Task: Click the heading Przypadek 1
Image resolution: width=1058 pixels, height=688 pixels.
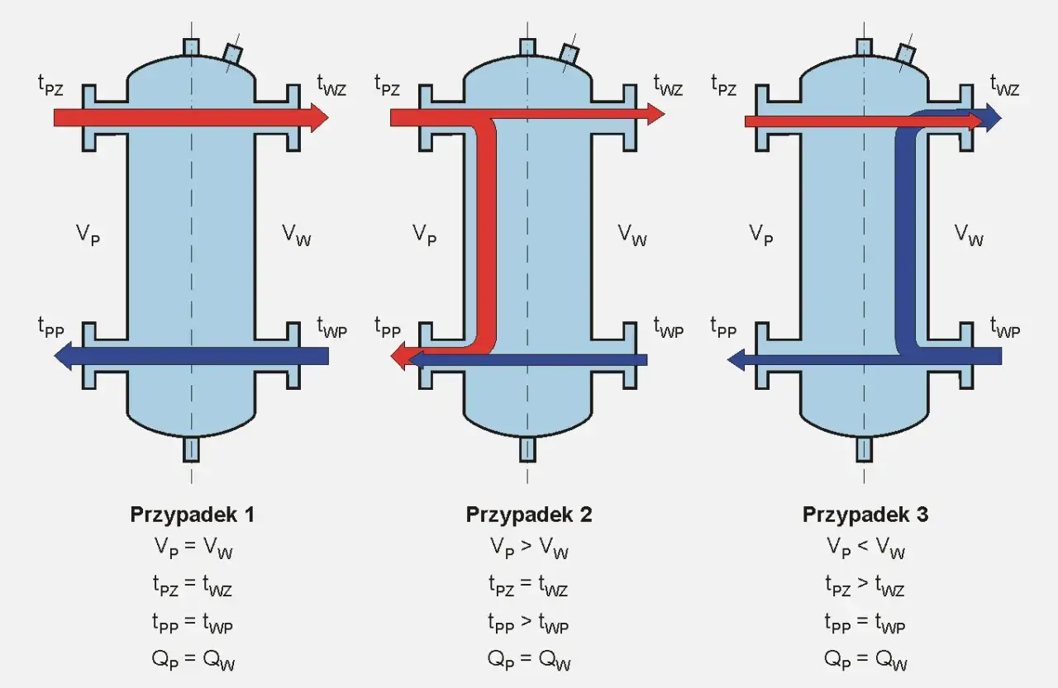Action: click(192, 515)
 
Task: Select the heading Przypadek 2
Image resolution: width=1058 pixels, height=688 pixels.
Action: click(529, 515)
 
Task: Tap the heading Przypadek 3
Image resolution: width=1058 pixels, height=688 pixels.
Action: click(865, 515)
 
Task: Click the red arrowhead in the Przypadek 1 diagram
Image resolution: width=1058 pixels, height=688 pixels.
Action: click(319, 117)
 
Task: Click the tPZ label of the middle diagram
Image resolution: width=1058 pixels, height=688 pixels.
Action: click(387, 85)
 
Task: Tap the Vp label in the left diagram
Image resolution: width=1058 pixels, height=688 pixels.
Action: click(88, 235)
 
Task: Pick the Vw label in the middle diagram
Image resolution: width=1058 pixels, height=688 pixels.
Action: click(632, 235)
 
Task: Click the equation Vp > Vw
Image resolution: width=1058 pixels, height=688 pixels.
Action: click(529, 548)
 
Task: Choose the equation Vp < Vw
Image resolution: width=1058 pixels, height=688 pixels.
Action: click(865, 548)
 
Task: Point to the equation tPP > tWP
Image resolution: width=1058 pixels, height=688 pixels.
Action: click(529, 624)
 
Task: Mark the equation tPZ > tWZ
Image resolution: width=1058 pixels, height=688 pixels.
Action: click(865, 586)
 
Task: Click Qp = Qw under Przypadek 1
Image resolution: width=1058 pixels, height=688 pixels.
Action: click(192, 660)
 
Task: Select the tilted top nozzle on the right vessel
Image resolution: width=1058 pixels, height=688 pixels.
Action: click(905, 53)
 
